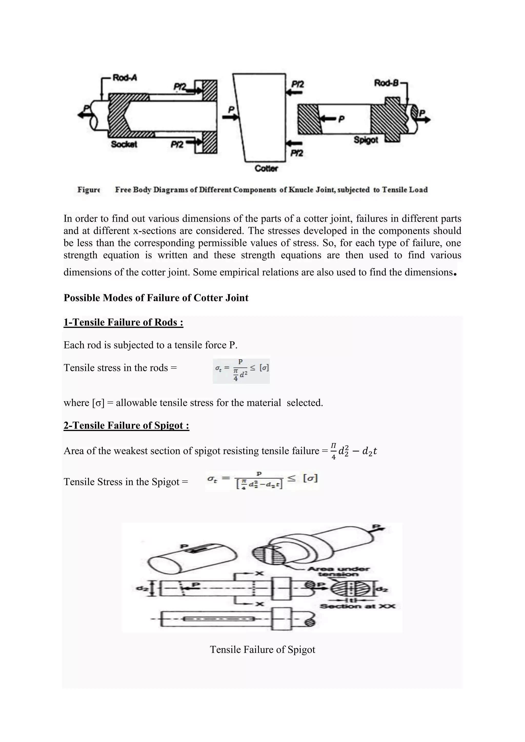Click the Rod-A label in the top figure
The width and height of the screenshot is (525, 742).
(125, 78)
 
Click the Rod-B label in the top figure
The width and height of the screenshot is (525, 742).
(386, 83)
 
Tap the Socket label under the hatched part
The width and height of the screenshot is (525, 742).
(124, 144)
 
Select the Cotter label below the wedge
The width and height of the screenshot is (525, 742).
(266, 168)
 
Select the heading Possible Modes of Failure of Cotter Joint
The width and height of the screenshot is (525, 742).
(156, 298)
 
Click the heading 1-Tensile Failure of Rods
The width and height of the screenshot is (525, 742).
(123, 322)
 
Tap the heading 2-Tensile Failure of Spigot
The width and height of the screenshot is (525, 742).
(126, 425)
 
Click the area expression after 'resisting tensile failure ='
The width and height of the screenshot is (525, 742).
(354, 451)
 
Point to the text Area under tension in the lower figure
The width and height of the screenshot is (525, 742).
(338, 571)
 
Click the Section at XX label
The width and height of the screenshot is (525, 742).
(357, 606)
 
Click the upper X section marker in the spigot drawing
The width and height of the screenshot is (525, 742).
(259, 573)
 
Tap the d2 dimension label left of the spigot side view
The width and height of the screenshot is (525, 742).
(141, 589)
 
